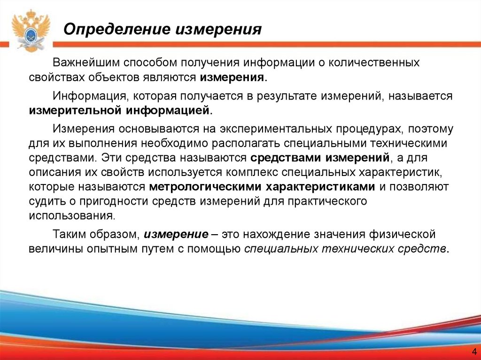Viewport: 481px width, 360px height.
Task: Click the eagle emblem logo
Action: coord(31,31)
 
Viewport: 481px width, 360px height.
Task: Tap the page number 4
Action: coord(473,352)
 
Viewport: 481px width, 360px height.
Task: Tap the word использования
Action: coord(72,215)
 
